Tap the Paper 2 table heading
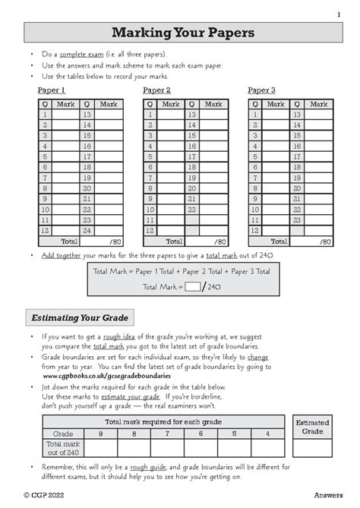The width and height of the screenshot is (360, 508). point(156,90)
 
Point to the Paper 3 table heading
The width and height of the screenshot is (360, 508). point(261,90)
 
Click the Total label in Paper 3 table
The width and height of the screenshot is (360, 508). point(279,241)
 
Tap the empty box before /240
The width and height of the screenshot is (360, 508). point(193,286)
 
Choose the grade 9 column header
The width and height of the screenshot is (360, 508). point(100,434)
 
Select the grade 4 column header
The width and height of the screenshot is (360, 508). point(267,434)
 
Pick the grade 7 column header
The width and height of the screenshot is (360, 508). point(167,434)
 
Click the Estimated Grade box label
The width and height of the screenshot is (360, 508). point(312,428)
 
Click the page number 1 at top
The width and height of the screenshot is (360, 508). point(338,14)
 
